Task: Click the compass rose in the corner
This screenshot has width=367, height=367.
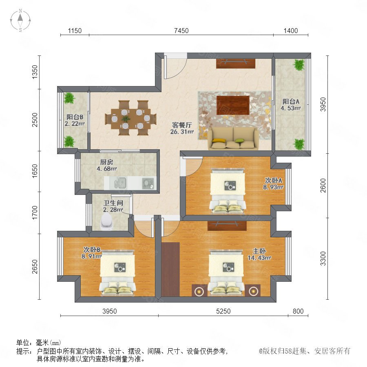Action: [x=20, y=20]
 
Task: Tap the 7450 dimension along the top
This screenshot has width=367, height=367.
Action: [x=181, y=31]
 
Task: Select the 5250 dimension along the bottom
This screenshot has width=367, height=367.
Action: [x=223, y=311]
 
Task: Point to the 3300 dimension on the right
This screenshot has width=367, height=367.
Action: [x=323, y=259]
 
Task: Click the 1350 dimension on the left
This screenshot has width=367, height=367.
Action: [x=35, y=72]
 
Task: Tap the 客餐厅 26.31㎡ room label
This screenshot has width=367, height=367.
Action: [x=182, y=128]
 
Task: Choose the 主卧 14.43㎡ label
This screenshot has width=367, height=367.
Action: [x=259, y=254]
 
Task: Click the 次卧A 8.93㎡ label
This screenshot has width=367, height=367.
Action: [x=273, y=184]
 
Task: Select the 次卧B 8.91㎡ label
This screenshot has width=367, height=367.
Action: [x=91, y=253]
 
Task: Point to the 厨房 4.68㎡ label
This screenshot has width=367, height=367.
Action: [x=107, y=165]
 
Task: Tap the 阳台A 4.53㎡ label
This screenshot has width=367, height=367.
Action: [x=291, y=105]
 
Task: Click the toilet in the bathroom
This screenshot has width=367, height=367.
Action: [x=106, y=221]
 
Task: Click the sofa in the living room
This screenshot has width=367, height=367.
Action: [x=233, y=138]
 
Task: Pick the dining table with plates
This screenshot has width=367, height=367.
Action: [x=130, y=118]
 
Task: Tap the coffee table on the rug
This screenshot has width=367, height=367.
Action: [x=233, y=105]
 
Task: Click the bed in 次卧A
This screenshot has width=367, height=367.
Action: [x=228, y=190]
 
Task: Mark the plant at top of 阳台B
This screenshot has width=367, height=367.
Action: [x=69, y=98]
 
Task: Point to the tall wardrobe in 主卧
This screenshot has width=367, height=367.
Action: [x=170, y=269]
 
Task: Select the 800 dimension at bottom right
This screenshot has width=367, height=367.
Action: [x=298, y=311]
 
